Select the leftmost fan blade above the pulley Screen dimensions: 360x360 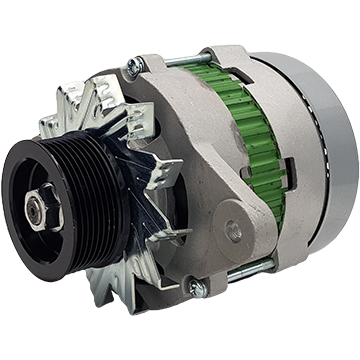click(x=55, y=125)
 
